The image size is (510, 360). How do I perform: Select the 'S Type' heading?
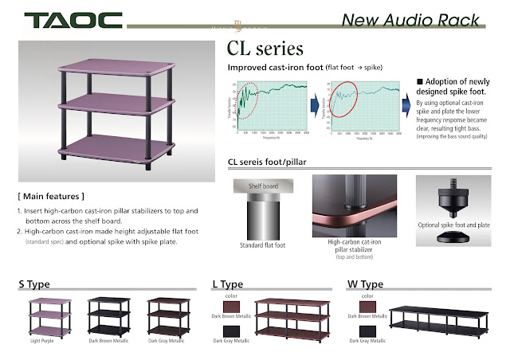[37, 284]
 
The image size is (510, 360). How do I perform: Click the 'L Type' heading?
[228, 284]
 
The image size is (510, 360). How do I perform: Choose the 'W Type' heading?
[365, 284]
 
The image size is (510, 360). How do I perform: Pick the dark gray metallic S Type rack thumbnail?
[167, 315]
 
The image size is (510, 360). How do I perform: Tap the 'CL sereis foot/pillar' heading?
[267, 163]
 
